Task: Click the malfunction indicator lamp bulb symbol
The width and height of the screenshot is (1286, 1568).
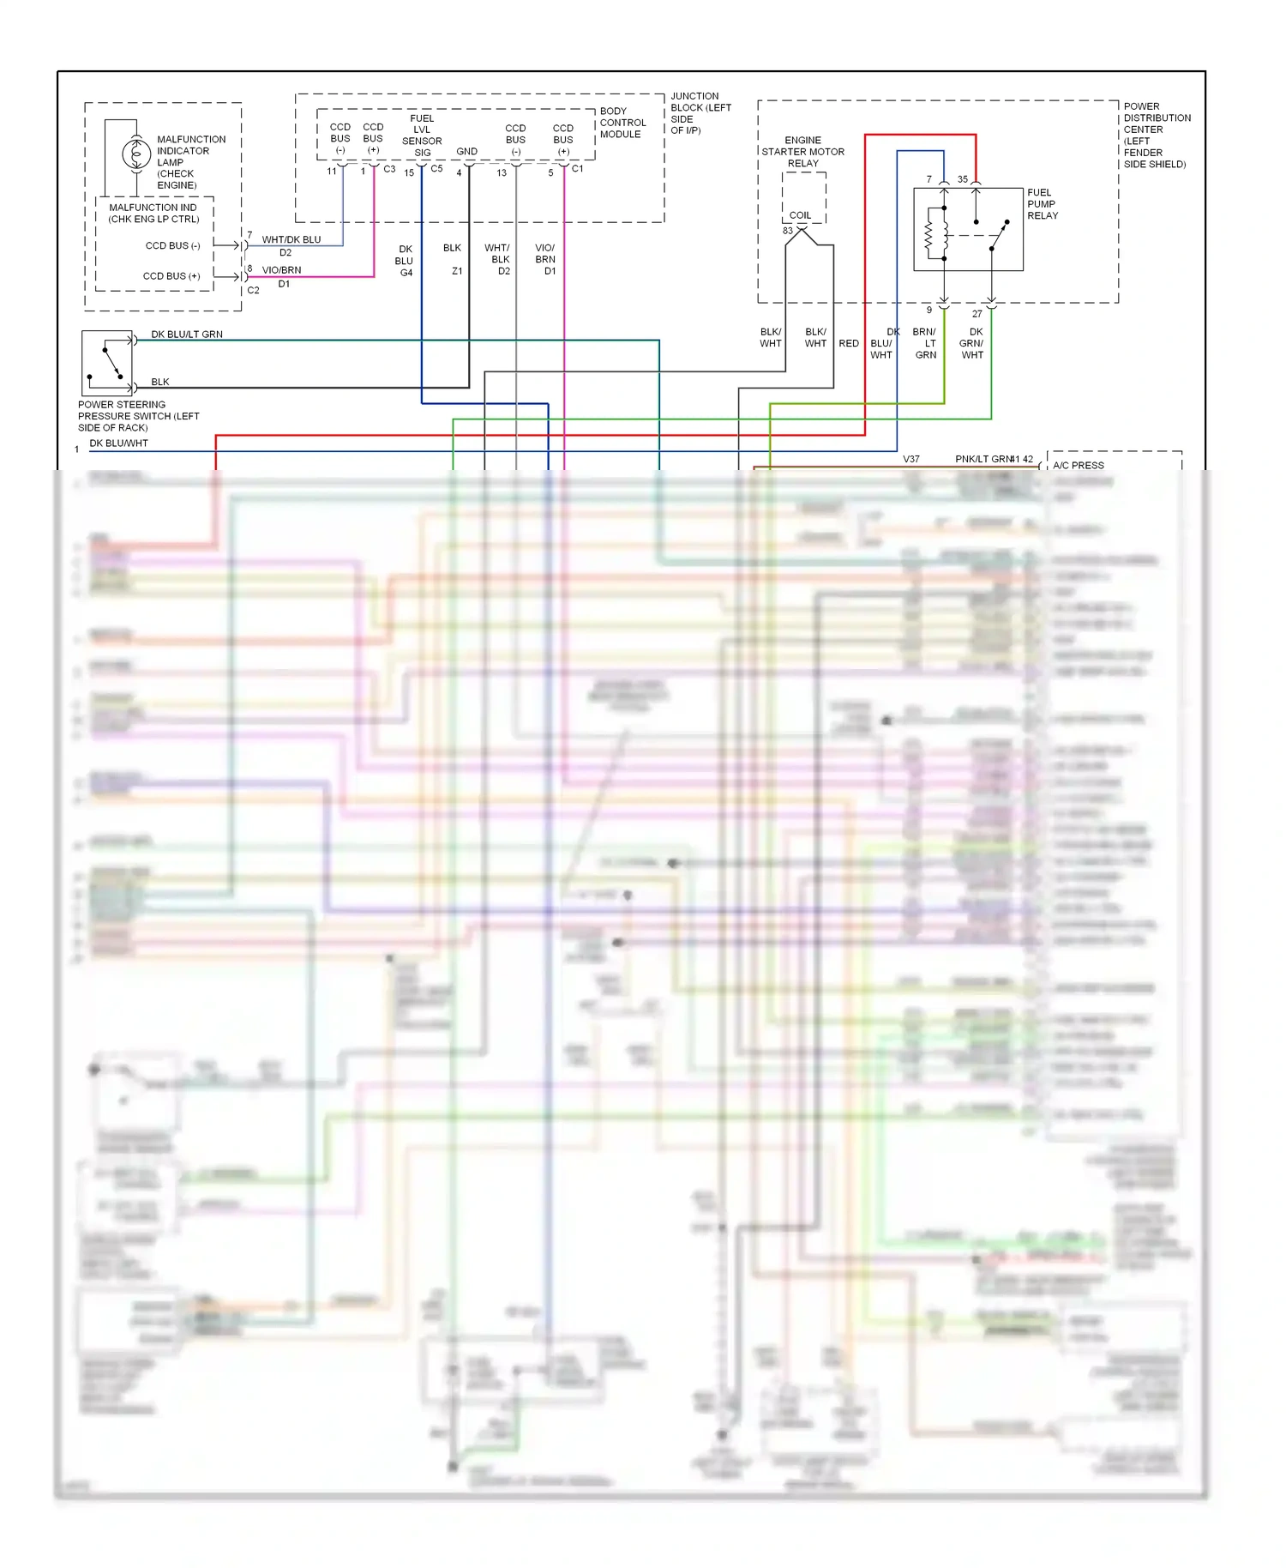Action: click(135, 154)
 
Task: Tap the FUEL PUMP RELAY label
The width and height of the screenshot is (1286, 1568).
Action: click(1042, 204)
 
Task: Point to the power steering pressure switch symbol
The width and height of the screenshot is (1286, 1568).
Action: click(107, 361)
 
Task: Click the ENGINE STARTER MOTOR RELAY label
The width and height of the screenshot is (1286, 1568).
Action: click(802, 152)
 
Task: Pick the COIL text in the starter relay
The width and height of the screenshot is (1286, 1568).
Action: click(800, 215)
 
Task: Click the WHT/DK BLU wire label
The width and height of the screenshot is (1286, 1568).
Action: click(291, 240)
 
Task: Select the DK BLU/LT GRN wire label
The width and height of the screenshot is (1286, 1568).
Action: click(187, 335)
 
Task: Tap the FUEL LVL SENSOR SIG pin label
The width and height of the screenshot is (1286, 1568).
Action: click(422, 136)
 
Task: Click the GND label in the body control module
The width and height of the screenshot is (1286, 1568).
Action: click(466, 152)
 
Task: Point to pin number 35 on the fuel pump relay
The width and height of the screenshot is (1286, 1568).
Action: click(963, 179)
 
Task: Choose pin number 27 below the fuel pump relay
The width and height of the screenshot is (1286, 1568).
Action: click(977, 314)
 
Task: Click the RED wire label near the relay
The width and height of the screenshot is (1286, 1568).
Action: click(849, 343)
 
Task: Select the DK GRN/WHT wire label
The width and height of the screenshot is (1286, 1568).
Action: click(972, 343)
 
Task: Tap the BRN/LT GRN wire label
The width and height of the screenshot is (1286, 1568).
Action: click(925, 343)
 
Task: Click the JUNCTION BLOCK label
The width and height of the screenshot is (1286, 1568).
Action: click(700, 113)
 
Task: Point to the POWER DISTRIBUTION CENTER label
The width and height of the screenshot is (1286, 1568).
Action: click(1156, 136)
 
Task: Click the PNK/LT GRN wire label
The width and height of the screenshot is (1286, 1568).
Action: click(983, 459)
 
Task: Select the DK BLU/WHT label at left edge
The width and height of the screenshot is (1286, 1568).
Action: click(118, 443)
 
